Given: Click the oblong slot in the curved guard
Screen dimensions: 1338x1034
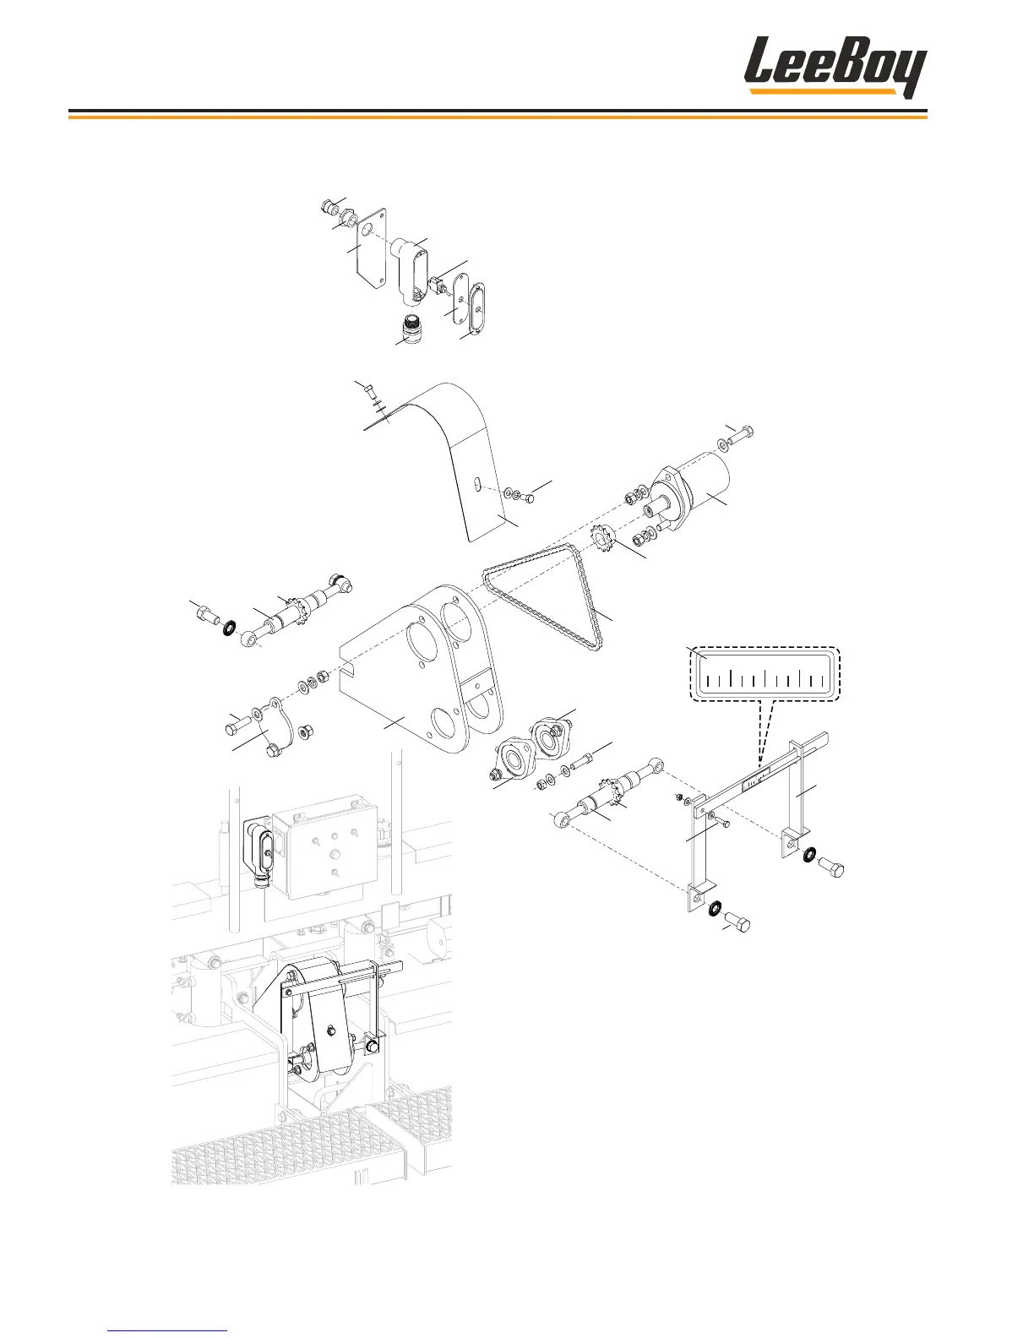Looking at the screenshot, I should click(477, 483).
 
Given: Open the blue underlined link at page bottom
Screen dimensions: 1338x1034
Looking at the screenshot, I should click(168, 1330).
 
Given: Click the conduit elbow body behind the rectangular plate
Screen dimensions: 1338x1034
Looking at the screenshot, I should click(411, 270).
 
